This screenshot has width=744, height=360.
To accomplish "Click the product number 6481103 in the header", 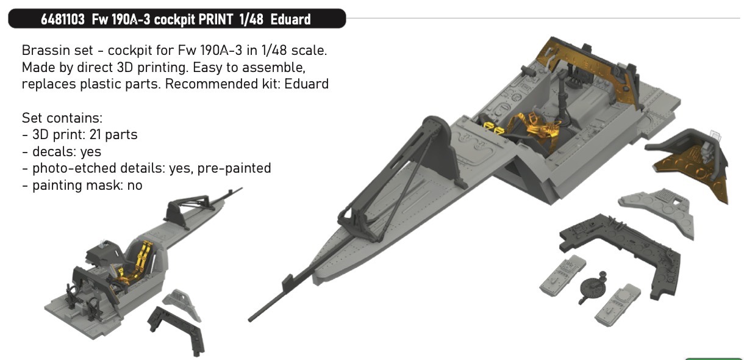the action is (x=63, y=20).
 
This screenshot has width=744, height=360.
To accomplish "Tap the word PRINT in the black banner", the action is (x=216, y=20).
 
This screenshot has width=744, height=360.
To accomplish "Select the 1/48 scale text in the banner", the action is (x=251, y=20).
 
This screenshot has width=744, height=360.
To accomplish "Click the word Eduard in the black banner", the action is (x=291, y=20).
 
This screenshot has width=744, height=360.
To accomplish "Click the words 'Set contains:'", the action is (x=62, y=118).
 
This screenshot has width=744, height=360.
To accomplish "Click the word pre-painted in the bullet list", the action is (x=234, y=168).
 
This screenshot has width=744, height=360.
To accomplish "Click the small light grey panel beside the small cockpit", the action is (x=181, y=303).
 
